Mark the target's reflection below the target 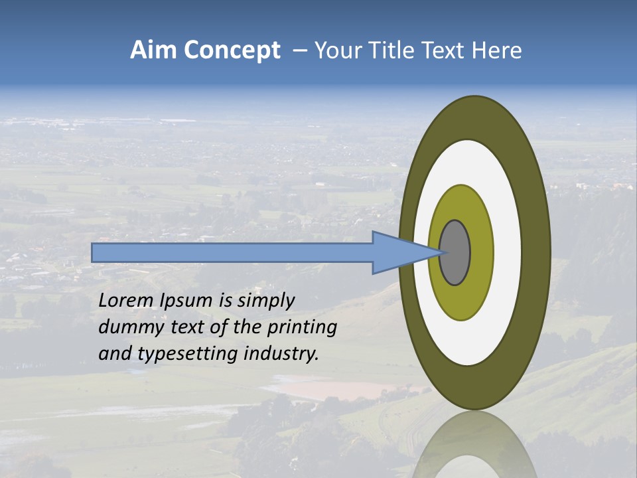tap(474, 445)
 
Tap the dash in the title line tap(300, 51)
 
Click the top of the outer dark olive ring tap(474, 117)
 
